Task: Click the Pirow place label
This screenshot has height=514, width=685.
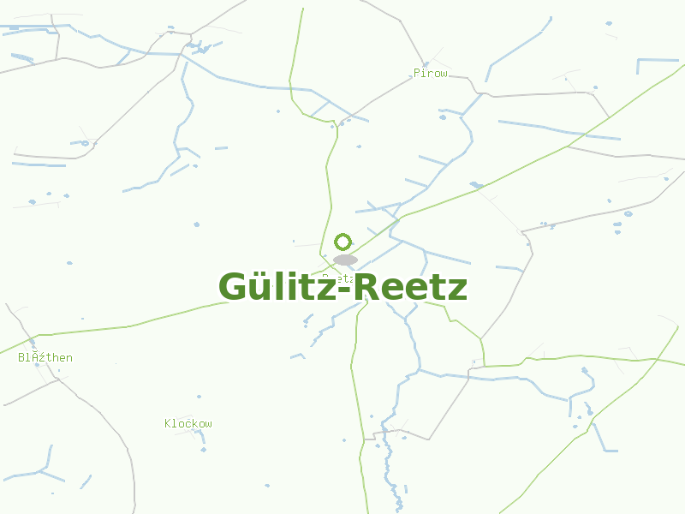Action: pyautogui.click(x=430, y=74)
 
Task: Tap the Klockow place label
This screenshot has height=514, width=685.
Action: pyautogui.click(x=188, y=423)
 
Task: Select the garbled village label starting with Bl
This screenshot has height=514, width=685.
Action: pyautogui.click(x=45, y=357)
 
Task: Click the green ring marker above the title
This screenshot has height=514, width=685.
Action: pyautogui.click(x=343, y=242)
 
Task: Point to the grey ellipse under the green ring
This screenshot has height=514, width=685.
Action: pyautogui.click(x=345, y=260)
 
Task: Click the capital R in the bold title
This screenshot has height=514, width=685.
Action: pyautogui.click(x=366, y=287)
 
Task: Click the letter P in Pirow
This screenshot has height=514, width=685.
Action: pyautogui.click(x=417, y=74)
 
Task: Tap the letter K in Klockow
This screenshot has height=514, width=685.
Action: pyautogui.click(x=168, y=423)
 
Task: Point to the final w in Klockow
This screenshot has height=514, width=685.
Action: pyautogui.click(x=209, y=424)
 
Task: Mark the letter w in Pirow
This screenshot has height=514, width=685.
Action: pyautogui.click(x=444, y=75)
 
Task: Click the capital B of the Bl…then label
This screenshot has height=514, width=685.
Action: pyautogui.click(x=21, y=357)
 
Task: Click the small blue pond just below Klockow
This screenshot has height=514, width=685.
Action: pyautogui.click(x=202, y=449)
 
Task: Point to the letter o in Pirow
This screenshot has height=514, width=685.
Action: pyautogui.click(x=437, y=75)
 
